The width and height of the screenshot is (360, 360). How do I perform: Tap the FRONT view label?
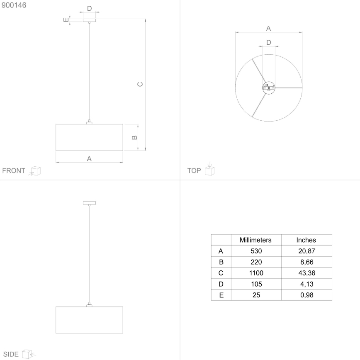pos(14,170)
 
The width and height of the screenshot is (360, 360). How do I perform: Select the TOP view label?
pos(194,170)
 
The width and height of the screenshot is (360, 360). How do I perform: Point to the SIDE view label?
pos(10,354)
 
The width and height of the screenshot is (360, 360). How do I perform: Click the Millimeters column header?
pos(255,240)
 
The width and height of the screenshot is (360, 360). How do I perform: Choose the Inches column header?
pos(306,240)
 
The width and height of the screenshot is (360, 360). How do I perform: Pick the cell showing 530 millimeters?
pos(255,251)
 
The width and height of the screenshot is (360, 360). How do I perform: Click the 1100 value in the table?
pos(255,273)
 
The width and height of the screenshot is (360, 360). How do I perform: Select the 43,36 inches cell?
pos(306,273)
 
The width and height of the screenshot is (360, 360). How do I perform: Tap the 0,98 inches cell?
pos(306,295)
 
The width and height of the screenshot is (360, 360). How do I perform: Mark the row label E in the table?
pos(221,295)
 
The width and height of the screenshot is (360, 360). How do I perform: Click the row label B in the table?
pos(221,262)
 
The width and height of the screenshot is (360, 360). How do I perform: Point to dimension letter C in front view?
pos(140,84)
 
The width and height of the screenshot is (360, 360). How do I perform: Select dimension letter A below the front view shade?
pos(89,158)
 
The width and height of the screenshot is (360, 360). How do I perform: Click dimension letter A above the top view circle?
pos(268,28)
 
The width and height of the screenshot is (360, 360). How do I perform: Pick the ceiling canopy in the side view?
pos(89,203)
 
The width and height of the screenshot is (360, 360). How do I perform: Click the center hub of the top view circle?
pos(269,88)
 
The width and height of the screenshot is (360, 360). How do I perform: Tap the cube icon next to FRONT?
pos(36,171)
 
